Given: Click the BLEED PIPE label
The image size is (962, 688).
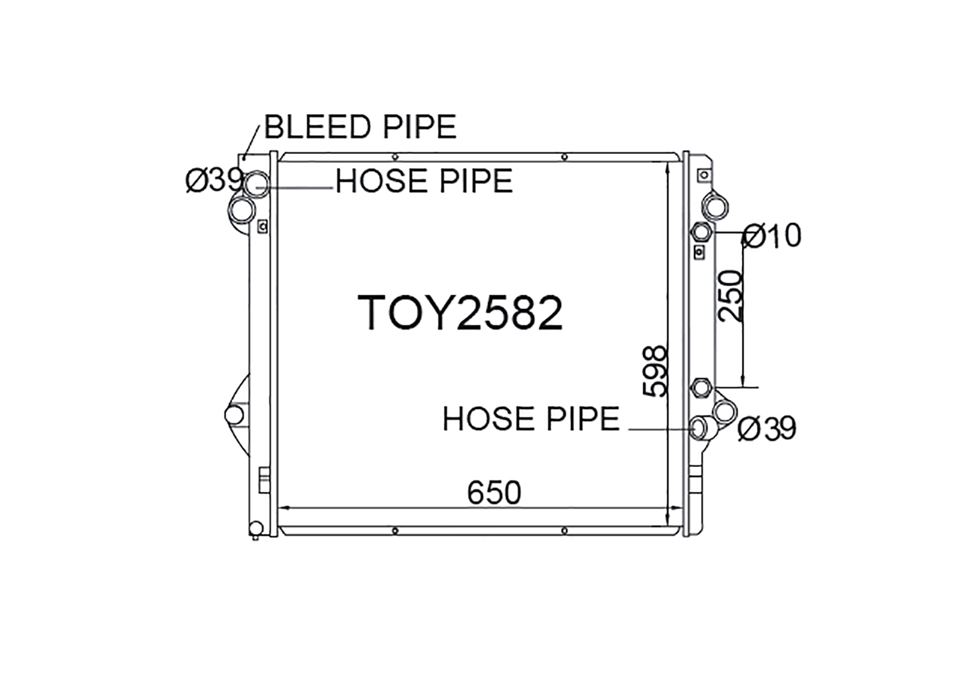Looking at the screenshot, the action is [360, 126].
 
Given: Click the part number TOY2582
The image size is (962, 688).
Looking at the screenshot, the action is [460, 313].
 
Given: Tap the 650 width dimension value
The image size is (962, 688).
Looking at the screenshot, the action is [494, 493].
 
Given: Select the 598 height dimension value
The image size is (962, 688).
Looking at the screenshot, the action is [655, 371].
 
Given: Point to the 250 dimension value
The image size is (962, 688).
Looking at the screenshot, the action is [730, 296].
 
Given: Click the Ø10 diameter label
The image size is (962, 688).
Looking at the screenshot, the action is [772, 236].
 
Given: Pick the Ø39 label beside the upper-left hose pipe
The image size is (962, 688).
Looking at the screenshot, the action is [214, 180].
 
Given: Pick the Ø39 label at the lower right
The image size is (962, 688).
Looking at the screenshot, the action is [767, 428].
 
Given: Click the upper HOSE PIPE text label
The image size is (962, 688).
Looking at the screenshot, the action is [424, 180].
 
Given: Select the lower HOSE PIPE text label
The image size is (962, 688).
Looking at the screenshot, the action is [531, 419].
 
